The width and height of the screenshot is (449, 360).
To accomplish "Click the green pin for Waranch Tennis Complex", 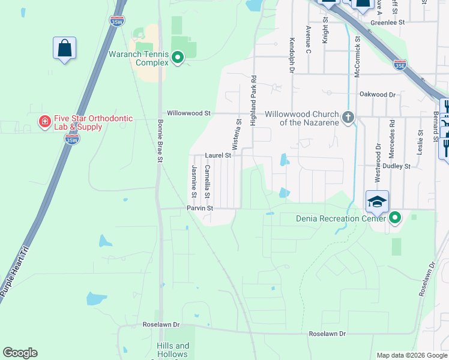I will coord(178,58).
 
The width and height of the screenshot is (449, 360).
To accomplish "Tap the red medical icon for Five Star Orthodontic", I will coord(44,122).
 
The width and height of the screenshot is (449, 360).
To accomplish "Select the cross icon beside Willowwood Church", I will coord(348,118).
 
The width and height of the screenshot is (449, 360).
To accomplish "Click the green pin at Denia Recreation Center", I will coord(394,218).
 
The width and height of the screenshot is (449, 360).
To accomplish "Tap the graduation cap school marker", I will coord(377,201).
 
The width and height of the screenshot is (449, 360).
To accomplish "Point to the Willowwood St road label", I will coord(189,113).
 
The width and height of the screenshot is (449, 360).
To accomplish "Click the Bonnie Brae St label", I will coord(160,140).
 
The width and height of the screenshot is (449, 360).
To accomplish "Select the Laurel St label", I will coord(218,155).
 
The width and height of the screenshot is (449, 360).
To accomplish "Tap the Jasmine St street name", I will coord(194,181).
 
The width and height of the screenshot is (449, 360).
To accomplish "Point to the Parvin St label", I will coord(200,208).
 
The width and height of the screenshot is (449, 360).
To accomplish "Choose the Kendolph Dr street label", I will coord(292,56).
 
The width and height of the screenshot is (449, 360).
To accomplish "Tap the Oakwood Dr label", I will coord(378,95).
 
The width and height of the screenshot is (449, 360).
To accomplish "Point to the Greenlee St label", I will coord(388,22).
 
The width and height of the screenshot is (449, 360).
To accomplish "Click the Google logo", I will coord(20,353).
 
